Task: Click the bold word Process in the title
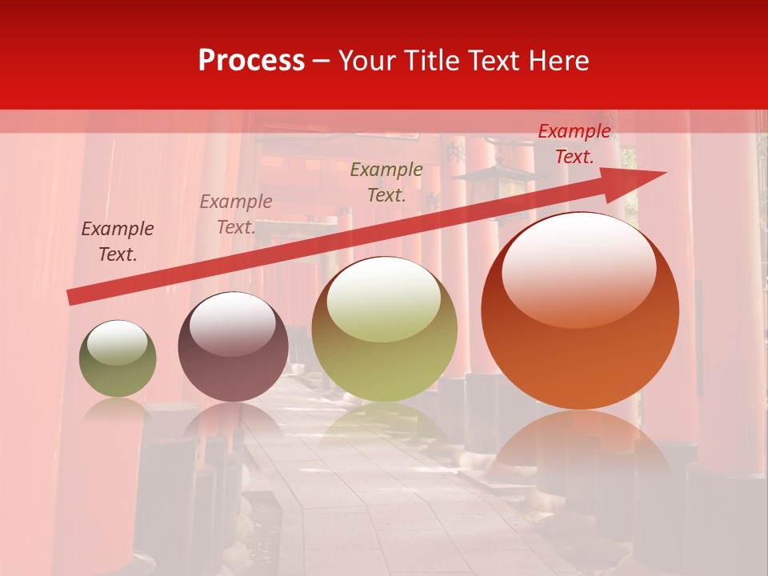pos(251,60)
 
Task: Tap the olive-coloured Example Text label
pos(386,182)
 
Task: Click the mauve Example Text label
pos(236,214)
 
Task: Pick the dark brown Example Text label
pos(118,242)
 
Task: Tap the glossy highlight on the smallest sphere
pos(118,342)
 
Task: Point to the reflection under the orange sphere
pos(580,440)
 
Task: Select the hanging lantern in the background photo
pos(486,184)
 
